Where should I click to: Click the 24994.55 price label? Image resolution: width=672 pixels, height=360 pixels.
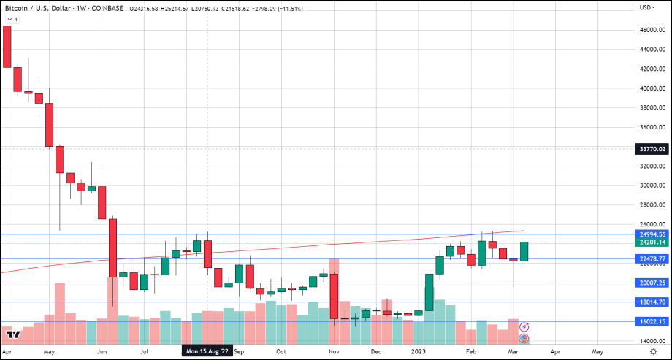point(652,234)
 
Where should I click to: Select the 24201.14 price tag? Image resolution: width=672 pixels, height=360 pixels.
point(652,242)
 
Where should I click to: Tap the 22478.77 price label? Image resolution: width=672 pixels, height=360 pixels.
point(652,258)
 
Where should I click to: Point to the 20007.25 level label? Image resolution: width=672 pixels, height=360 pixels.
point(652,283)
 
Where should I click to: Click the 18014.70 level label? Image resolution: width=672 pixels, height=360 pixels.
point(652,302)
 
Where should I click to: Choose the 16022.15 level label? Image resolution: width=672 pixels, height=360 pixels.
point(652,321)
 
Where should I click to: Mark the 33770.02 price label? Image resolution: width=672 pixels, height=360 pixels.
point(652,148)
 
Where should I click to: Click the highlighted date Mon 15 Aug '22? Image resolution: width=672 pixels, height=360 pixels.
point(207,351)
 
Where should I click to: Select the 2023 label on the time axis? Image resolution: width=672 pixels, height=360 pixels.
point(420,351)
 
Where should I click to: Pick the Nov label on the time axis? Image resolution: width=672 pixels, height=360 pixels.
point(334,351)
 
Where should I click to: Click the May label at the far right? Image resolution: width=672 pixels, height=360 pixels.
point(597,351)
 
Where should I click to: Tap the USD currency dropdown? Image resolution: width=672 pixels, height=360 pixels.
point(646,7)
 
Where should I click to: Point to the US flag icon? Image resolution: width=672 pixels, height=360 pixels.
point(524,339)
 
